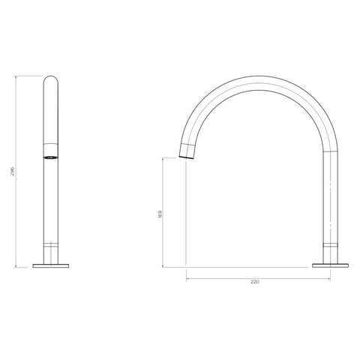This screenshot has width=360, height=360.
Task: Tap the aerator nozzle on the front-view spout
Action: click(51, 158)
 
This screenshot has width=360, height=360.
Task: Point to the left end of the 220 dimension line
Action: click(186, 277)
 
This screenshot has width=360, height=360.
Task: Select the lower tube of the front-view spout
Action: click(52, 202)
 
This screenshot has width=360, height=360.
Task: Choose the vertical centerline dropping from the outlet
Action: click(186, 217)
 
